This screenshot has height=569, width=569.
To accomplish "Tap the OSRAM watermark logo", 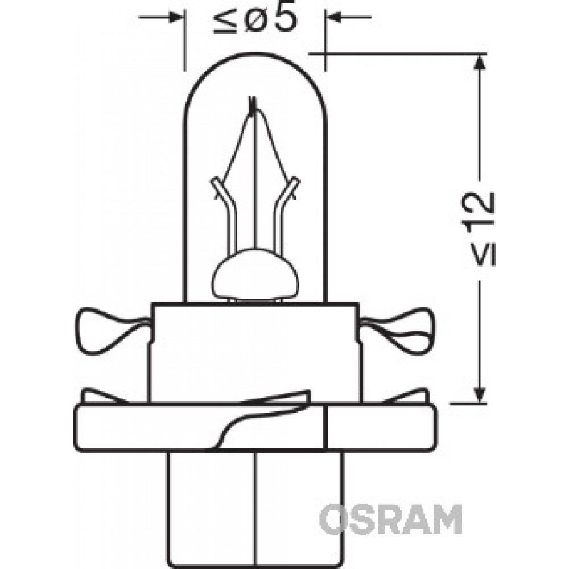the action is coord(390,519).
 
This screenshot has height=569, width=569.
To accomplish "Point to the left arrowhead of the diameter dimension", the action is coord(176,17).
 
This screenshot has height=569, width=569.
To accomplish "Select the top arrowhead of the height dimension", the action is coord(480,61).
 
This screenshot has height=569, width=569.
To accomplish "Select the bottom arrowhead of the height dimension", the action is coord(480,395).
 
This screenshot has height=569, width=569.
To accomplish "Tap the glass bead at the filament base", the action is coord(255,274).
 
